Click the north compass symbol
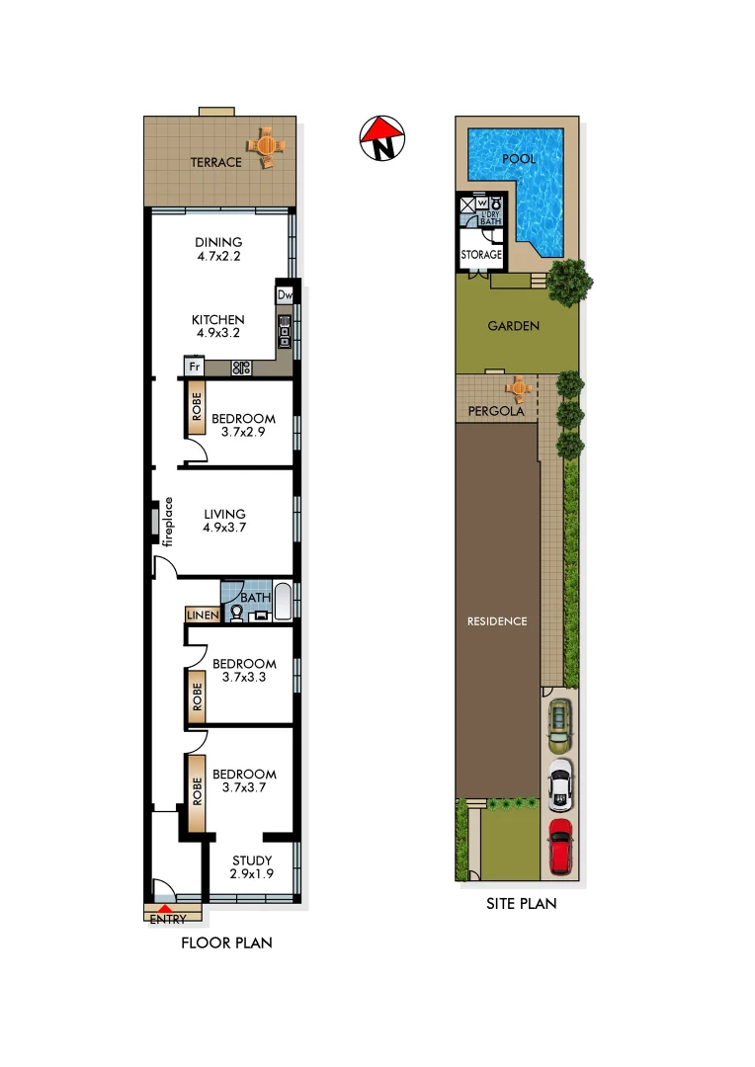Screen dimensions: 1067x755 point(381,138)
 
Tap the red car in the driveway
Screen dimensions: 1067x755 point(560,846)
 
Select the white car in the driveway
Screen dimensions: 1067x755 point(559,784)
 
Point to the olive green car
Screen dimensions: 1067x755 point(559,722)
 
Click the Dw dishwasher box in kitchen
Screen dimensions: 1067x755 point(285,294)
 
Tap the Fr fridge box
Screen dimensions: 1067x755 point(194,367)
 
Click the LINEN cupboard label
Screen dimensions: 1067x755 point(202,616)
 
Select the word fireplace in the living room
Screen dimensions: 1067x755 point(168,521)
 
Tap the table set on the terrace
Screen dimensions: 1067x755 point(267,146)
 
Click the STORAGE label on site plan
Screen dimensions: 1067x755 point(481,255)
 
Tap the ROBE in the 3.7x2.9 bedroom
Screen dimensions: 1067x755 point(196,409)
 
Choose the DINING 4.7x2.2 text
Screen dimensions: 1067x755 point(218,249)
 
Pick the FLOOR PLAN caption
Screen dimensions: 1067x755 point(226,943)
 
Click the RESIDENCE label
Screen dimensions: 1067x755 point(497,621)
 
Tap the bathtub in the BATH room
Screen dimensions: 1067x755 point(282,601)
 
